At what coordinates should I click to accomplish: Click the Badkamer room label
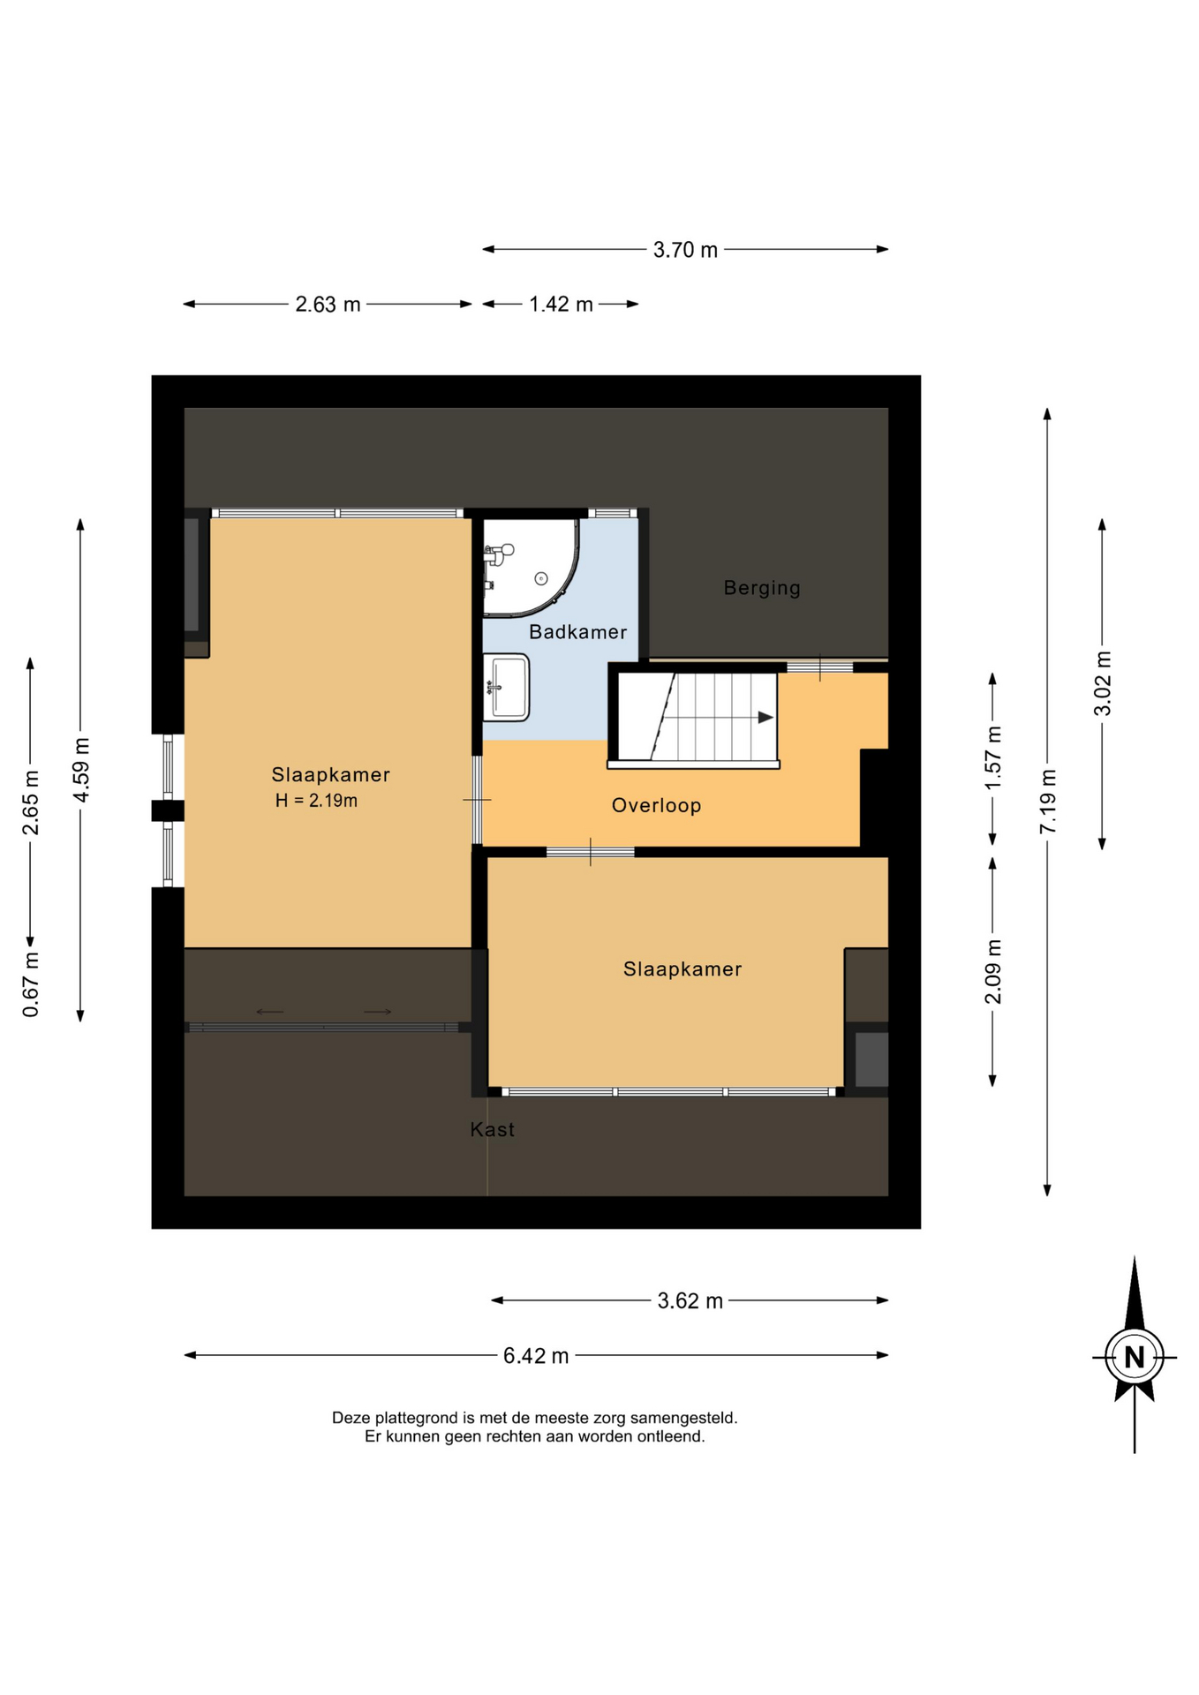[577, 632]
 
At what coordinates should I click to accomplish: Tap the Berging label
[762, 588]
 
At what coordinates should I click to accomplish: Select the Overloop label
[656, 805]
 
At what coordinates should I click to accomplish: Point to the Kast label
[492, 1129]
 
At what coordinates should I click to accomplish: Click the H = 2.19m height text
[316, 801]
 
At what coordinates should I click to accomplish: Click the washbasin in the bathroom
[506, 688]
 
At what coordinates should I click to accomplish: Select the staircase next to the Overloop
[697, 717]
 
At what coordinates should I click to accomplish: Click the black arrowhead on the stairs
[765, 718]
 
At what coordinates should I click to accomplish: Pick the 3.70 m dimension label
[685, 250]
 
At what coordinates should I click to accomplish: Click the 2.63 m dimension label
[328, 305]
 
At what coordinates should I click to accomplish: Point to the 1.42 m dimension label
[561, 305]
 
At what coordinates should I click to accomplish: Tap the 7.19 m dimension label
[1048, 801]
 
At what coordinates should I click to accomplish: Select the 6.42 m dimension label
[536, 1355]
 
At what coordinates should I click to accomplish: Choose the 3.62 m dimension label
[690, 1300]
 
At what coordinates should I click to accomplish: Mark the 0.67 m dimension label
[31, 984]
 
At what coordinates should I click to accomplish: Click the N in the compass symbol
[1135, 1357]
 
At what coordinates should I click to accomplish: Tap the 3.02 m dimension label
[1103, 683]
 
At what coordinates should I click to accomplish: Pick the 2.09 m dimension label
[993, 971]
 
